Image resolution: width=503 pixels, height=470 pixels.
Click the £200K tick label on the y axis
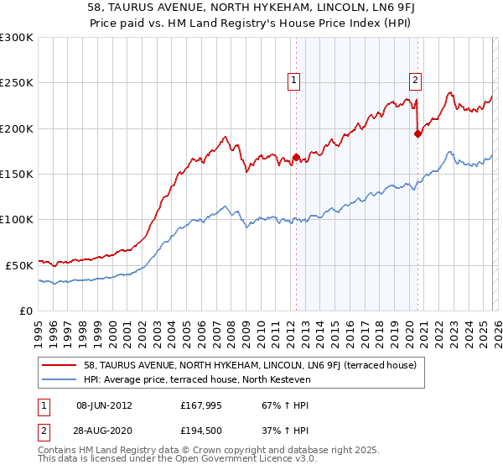coord(17,129)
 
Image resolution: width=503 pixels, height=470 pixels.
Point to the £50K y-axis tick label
coord(19,265)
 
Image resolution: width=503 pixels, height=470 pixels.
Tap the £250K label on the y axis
coord(17,84)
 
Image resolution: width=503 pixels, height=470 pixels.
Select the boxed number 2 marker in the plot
coord(415,81)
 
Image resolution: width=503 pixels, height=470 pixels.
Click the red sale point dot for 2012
coord(296,157)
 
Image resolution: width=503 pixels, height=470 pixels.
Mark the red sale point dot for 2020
coord(417,133)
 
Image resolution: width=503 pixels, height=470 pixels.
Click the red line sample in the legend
coord(60,364)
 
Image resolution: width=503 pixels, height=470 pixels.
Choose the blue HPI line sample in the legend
coord(60,379)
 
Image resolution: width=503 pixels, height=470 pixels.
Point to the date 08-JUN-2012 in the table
coord(104,405)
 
